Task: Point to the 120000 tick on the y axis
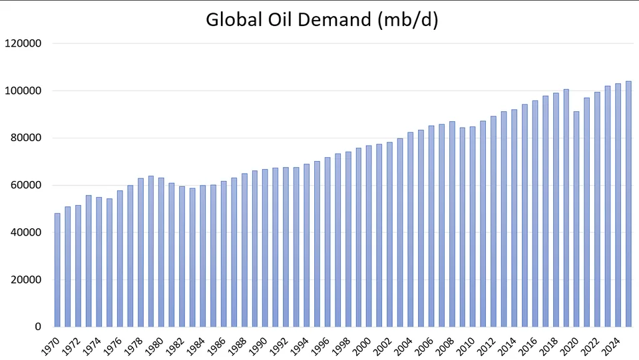pos(23,43)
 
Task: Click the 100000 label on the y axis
pos(23,90)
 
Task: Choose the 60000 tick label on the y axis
pos(25,185)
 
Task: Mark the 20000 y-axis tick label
pos(25,279)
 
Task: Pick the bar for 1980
pos(161,252)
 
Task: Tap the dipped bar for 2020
pos(576,219)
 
